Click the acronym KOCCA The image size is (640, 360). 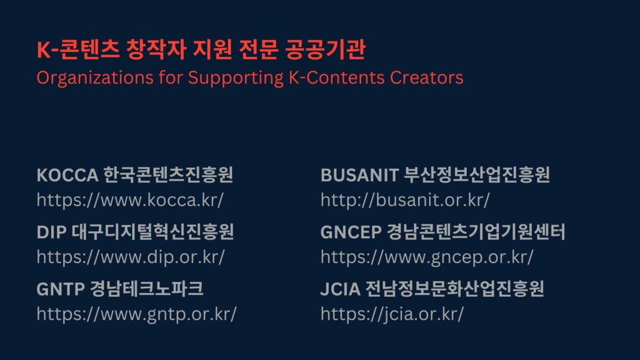(67, 175)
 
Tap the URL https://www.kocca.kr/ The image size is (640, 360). (130, 200)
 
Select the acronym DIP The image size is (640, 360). (51, 232)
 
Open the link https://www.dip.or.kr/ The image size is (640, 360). (131, 257)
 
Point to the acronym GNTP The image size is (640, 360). (61, 289)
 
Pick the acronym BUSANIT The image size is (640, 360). (359, 175)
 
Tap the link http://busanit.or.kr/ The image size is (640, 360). (405, 200)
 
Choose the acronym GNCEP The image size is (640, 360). (351, 232)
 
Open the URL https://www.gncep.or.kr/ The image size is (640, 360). (427, 257)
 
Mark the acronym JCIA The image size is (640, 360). (341, 289)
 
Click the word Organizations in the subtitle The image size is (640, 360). (95, 78)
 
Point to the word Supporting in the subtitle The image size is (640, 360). (236, 78)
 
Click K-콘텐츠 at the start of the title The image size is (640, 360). (78, 49)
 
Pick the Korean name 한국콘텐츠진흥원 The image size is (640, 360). (168, 175)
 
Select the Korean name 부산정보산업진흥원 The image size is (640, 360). (476, 175)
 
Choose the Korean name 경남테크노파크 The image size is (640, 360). (146, 289)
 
